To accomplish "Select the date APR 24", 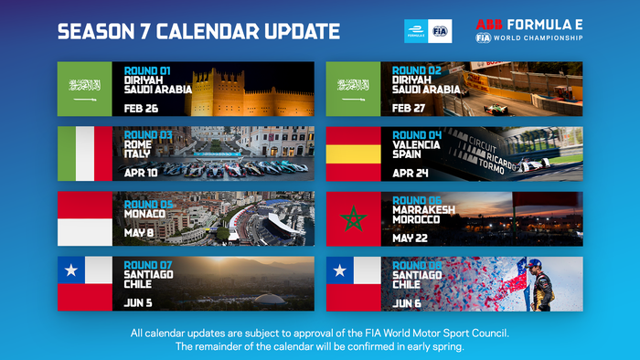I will click(x=409, y=172).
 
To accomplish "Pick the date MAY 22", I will click(x=409, y=237).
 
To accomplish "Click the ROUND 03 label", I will click(x=148, y=134).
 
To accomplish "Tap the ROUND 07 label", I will click(x=148, y=265).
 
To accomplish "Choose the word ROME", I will click(x=137, y=143).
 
